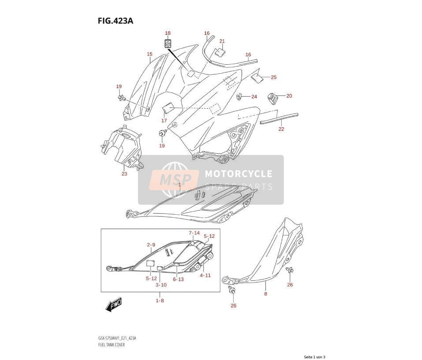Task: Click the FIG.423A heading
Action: click(x=115, y=21)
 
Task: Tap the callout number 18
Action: click(x=168, y=33)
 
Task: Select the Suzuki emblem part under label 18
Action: click(x=168, y=43)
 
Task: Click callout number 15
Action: click(x=150, y=54)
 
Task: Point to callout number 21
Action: click(x=222, y=41)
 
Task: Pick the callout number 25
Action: click(x=274, y=77)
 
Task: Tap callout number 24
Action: click(x=254, y=97)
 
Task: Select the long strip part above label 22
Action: click(x=279, y=118)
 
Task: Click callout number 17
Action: click(x=164, y=121)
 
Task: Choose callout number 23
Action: click(x=124, y=174)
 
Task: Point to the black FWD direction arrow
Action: click(x=114, y=305)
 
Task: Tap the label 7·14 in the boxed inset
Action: click(x=194, y=233)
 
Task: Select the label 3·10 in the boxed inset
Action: click(x=161, y=285)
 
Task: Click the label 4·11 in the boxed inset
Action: click(x=205, y=276)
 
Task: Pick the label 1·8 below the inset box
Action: click(x=160, y=301)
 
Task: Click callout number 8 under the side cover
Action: click(x=266, y=294)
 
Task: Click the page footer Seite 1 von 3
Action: click(x=315, y=357)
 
